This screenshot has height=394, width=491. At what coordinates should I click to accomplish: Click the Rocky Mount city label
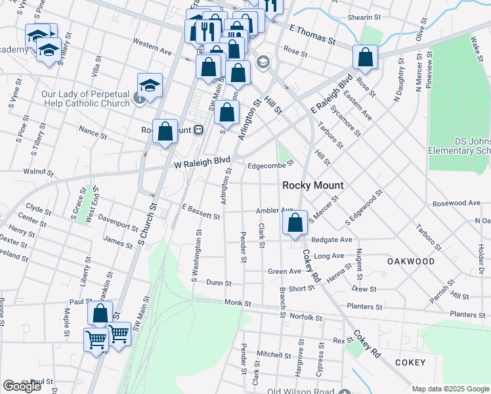coord(312,185)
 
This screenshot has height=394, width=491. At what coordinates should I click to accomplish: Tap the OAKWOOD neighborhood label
coord(411,261)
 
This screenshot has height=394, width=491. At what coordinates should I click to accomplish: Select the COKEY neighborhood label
coord(410,362)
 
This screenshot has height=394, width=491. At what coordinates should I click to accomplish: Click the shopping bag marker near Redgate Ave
coord(295,223)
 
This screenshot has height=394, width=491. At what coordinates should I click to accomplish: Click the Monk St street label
coord(238,303)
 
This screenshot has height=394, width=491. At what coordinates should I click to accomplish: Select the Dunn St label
coord(219,283)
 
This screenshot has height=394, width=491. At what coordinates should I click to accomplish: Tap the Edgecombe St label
coord(270,166)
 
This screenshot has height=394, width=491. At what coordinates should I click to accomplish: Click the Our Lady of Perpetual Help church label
coord(85,99)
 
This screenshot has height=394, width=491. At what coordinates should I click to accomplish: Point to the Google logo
coord(22,385)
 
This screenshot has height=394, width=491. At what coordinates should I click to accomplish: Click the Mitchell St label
coord(268,353)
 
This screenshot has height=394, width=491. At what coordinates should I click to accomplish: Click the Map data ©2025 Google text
coord(450,389)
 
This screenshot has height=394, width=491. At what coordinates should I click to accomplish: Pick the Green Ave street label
coord(284,271)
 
